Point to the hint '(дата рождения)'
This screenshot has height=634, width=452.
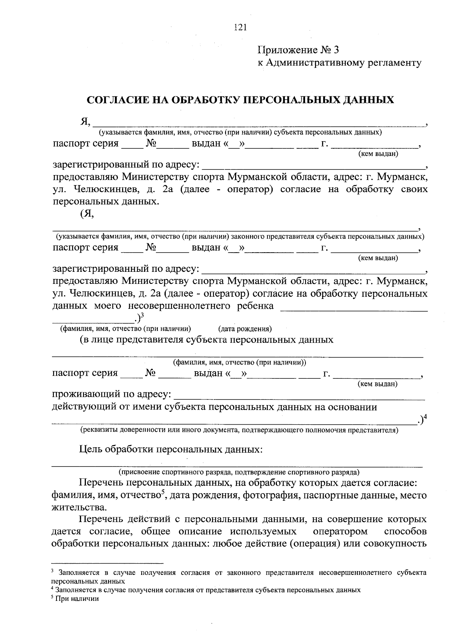tap(245, 329)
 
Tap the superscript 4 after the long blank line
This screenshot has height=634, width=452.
tap(425, 417)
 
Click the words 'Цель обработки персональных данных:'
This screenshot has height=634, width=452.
tap(171, 450)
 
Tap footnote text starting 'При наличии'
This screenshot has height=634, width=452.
tap(77, 599)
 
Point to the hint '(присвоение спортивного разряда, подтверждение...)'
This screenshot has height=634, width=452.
tap(239, 472)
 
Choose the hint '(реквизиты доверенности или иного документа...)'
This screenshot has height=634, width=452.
tap(239, 430)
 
